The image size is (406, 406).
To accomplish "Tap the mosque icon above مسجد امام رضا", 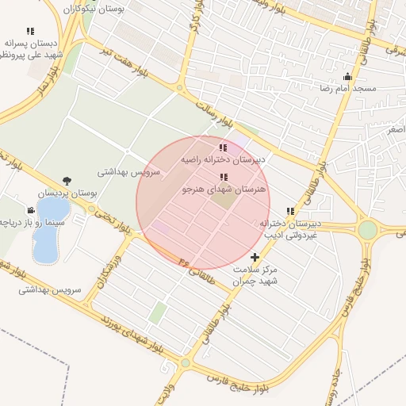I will coord(347,77).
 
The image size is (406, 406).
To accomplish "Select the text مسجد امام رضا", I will coord(347,88).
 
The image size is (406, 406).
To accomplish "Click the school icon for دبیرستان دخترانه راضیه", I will coord(221,147).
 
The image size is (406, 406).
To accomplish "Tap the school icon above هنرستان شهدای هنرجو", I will coord(221,177).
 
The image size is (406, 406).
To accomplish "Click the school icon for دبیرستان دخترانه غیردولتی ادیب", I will coord(290,211).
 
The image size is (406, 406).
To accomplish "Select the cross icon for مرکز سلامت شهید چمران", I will coord(255,257).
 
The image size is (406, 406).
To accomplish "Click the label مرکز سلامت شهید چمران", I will coord(255,275).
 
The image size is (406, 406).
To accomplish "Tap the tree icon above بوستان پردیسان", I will coord(66,181).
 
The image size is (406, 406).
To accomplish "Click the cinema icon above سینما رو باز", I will coord(30,210).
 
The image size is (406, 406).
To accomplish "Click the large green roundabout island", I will coord(368,231).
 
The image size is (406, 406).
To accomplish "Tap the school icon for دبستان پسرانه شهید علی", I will coord(30,32).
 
